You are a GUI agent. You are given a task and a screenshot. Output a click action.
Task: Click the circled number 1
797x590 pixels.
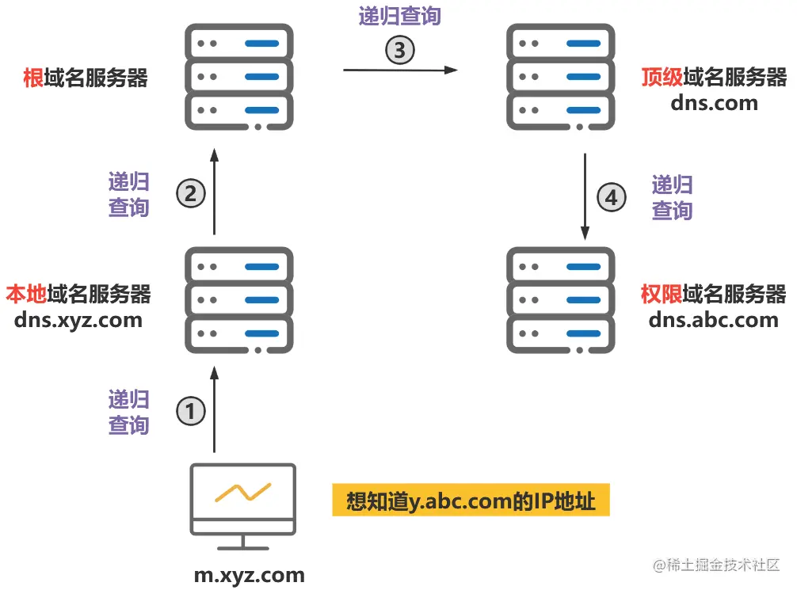(190, 412)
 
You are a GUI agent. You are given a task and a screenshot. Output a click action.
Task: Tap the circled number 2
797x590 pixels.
(191, 193)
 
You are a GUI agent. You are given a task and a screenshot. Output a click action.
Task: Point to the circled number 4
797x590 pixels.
(611, 197)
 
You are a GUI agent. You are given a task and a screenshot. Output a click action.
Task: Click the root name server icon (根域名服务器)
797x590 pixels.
(239, 77)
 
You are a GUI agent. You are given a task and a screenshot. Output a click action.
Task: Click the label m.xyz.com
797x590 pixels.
(249, 575)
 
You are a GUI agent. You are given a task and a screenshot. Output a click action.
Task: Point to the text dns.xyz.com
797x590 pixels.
(78, 320)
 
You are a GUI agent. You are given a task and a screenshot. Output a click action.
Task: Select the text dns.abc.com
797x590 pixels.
(713, 320)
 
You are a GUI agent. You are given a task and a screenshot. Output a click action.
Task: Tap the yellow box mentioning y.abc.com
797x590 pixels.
(471, 501)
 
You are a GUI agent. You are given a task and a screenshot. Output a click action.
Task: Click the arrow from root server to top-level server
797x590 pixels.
(400, 70)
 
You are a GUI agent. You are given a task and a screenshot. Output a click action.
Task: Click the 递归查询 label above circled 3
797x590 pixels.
(399, 16)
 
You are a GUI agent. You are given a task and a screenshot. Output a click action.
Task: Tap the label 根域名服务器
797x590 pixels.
(86, 78)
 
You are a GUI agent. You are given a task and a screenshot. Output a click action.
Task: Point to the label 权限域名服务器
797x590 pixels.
(713, 295)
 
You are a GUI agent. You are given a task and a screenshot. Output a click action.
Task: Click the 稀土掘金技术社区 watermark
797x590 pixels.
(717, 565)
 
